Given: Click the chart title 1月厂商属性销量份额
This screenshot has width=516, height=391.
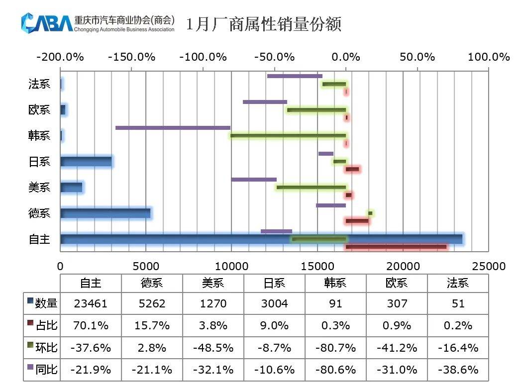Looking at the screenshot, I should point(264,24).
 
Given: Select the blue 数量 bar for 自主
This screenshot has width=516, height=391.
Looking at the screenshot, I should point(261,239).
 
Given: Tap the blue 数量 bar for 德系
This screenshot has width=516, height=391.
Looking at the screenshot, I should point(105,213).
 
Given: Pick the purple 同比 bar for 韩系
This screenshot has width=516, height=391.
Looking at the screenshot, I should point(173,128).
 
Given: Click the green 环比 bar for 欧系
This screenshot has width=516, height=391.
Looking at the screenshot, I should point(316,110).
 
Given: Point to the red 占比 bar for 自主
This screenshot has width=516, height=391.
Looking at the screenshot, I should point(396,246).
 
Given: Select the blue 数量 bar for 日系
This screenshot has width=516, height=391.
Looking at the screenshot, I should point(86,162).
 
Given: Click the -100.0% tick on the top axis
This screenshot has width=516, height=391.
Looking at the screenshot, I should point(202,57).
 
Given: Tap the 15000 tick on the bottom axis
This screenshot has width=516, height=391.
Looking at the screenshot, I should point(317,266).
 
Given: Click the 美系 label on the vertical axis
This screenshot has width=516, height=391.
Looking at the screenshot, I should point(40,188).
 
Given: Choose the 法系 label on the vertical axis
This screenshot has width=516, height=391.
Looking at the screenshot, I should point(40,84).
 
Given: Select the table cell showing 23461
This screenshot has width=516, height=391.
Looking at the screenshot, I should point(91,303).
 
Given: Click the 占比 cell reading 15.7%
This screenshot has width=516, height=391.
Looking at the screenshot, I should point(152,325).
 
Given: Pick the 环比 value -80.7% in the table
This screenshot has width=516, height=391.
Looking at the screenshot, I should point(335,348).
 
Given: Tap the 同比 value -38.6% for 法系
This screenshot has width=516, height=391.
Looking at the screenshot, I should point(458,370).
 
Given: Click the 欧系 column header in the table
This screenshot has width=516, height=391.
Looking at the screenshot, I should point(397,283).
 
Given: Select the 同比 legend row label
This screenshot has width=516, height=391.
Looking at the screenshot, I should point(43,370).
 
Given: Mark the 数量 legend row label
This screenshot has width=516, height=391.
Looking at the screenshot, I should point(43,303).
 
